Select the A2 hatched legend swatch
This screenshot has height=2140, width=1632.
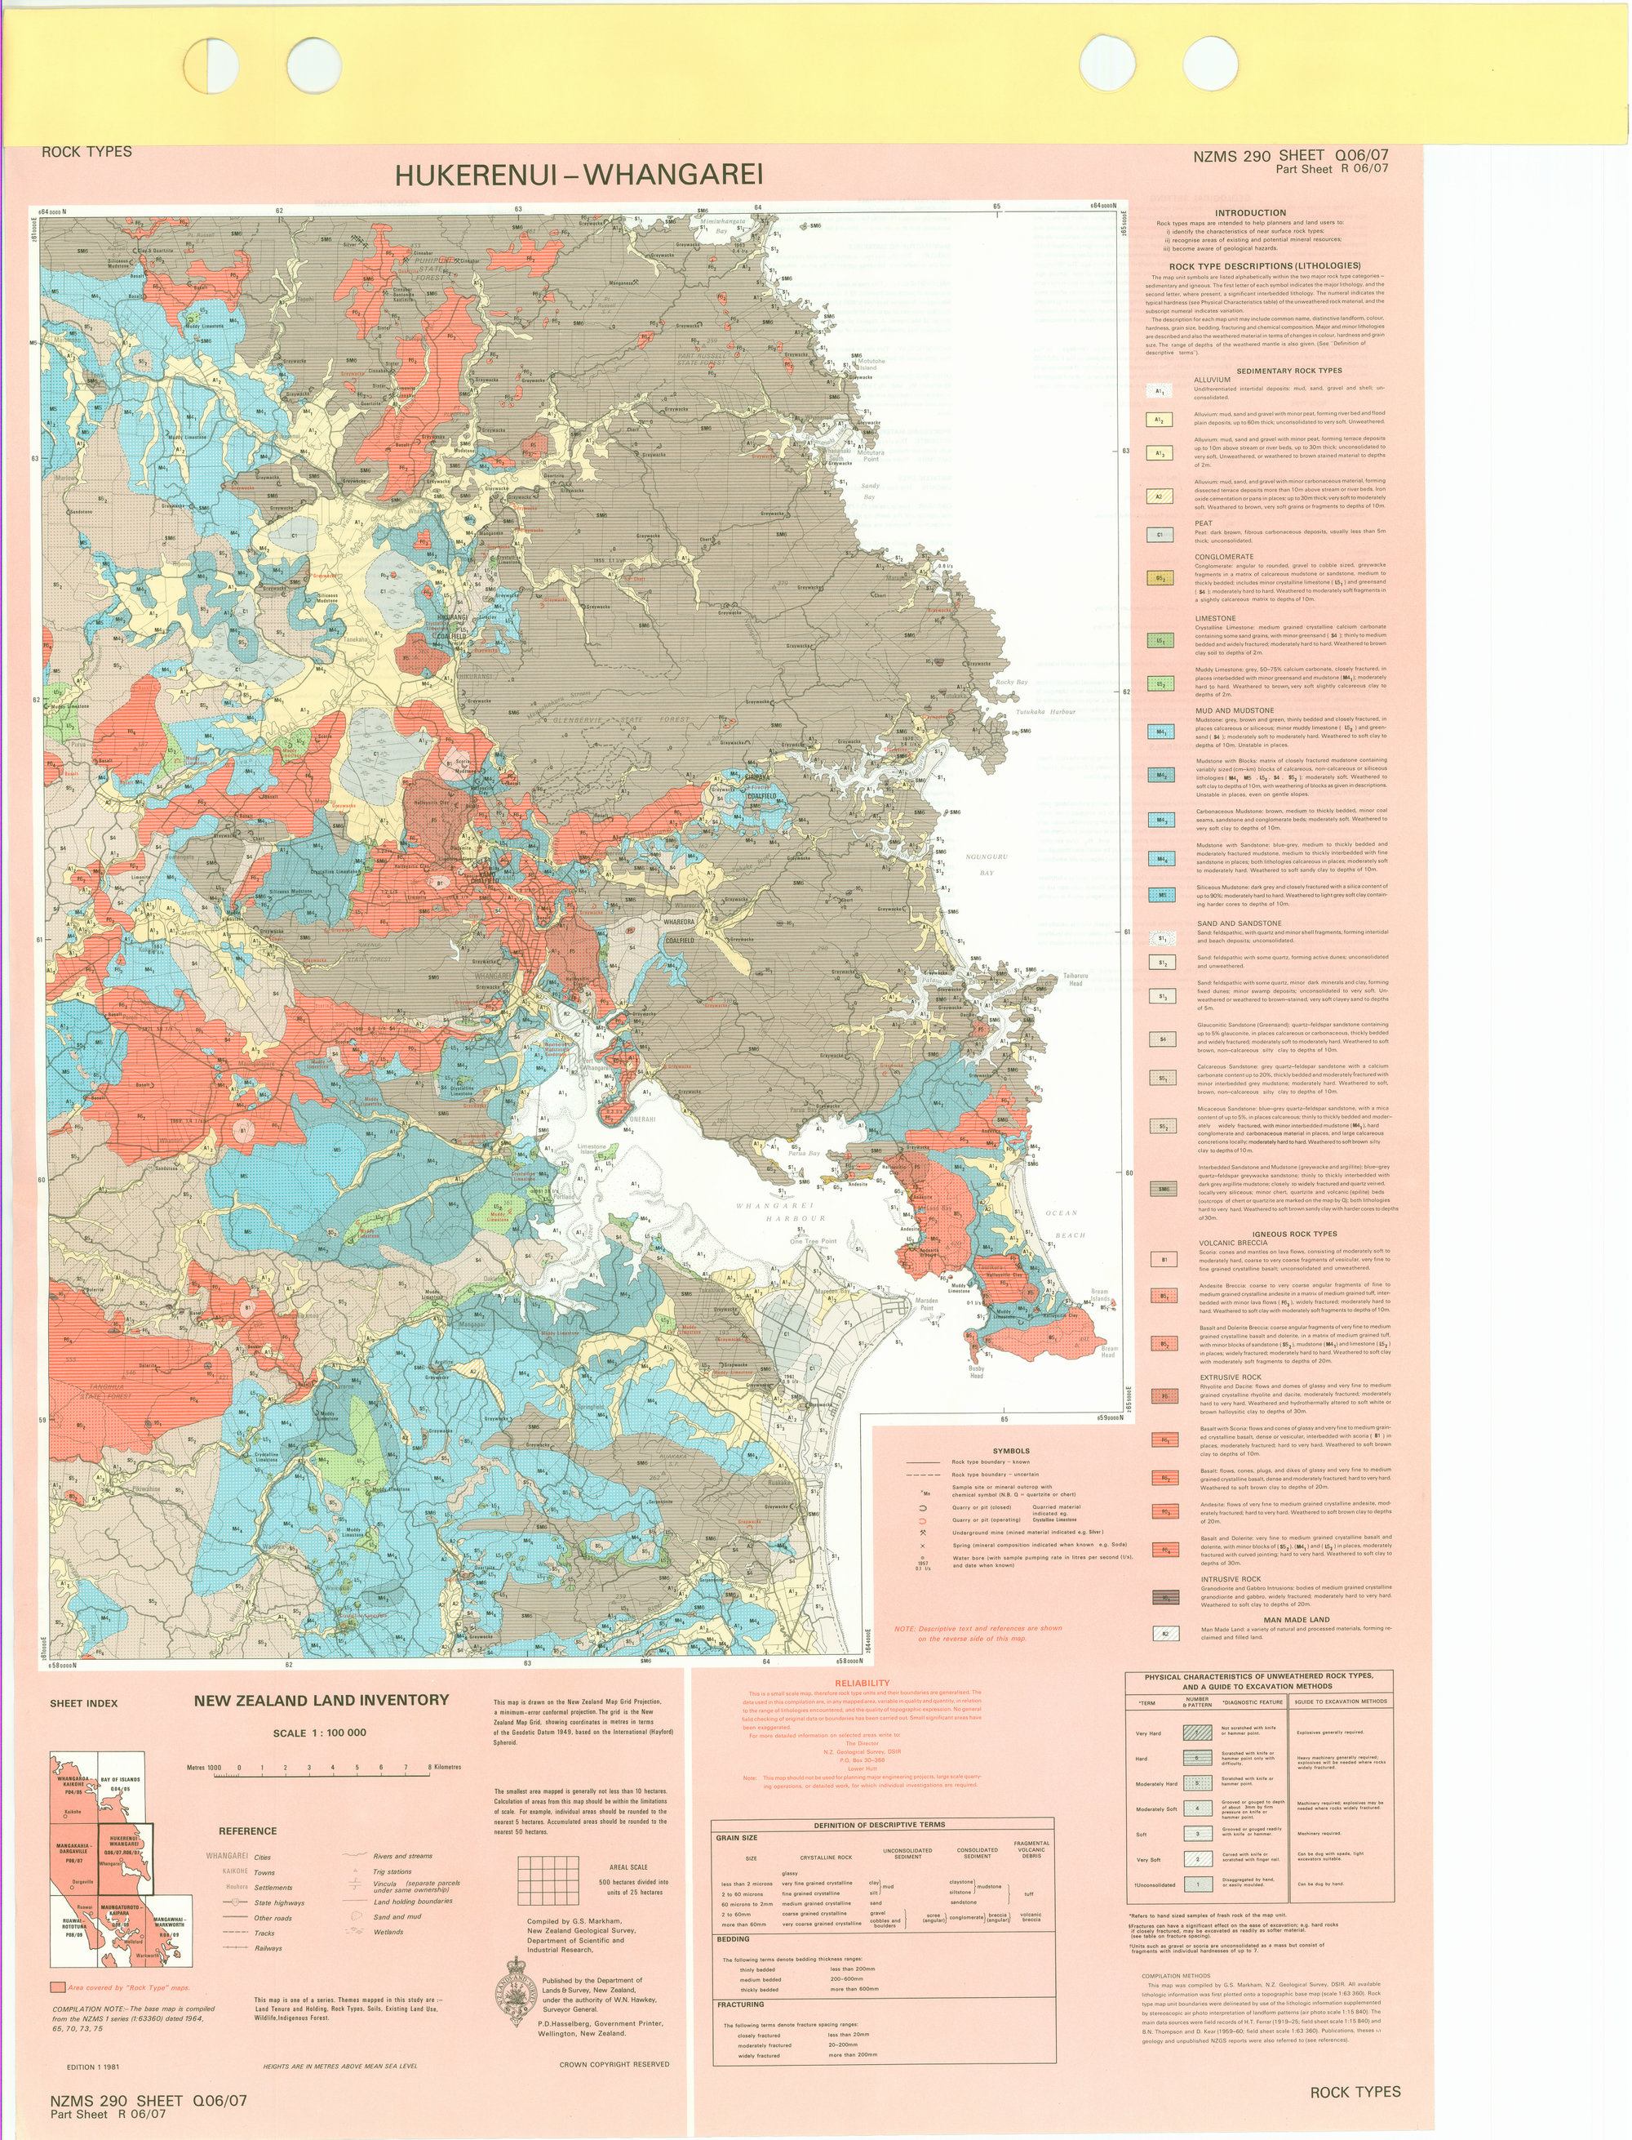coord(1159,496)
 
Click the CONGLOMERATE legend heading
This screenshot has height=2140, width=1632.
coord(1224,557)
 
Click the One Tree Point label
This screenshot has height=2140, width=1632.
coord(812,1241)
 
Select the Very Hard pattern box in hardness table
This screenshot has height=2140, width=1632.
coord(1198,1732)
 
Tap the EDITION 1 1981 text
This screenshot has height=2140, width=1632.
coord(93,2067)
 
